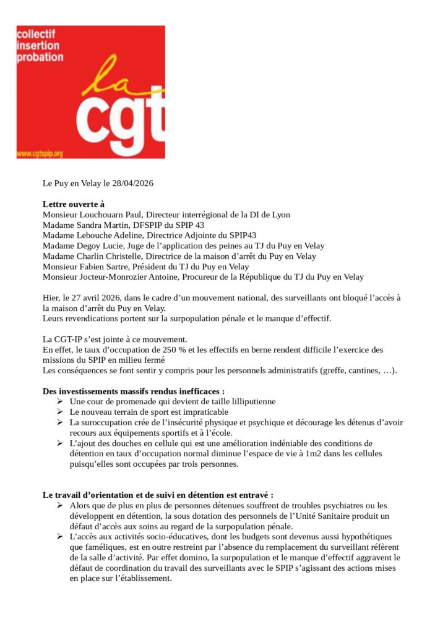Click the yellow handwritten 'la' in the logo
coord(114,77)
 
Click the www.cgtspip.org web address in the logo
coord(40,153)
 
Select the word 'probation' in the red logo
coord(40,58)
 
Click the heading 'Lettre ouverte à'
coord(74,204)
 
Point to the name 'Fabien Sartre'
coord(105,266)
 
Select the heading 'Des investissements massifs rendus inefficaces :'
coord(133,391)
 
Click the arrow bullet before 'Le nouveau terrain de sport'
coord(59,412)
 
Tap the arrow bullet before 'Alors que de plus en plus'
coord(59,506)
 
